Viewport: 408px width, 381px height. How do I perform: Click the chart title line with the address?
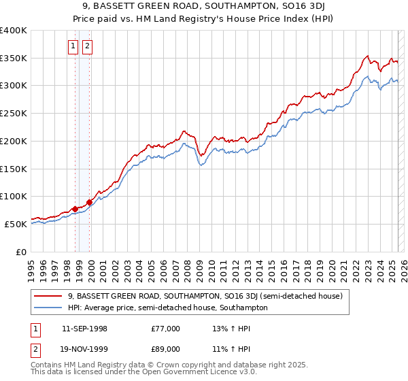[203, 7]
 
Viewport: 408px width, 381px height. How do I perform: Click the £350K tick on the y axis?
[14, 59]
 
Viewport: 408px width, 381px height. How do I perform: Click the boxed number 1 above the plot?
[73, 47]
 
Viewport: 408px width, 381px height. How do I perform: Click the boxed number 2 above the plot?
[88, 47]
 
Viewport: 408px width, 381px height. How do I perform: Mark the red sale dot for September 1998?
[75, 209]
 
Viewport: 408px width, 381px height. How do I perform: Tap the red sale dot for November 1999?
[89, 202]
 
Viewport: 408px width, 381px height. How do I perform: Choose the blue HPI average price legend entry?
[167, 308]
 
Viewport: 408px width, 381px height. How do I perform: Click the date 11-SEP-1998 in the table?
[84, 329]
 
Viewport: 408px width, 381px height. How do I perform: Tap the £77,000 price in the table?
[165, 329]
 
